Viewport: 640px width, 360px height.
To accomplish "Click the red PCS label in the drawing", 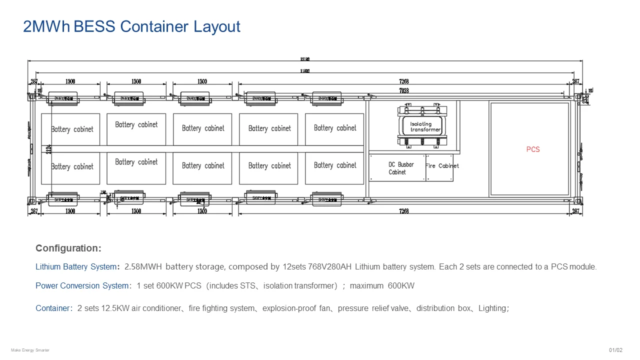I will click(533, 149).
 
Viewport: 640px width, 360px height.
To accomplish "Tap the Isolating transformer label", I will click(425, 127).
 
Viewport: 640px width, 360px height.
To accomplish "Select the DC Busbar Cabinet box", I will click(397, 168).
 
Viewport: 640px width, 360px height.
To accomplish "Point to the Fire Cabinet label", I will click(441, 166).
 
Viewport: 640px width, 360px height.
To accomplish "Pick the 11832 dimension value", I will click(305, 71).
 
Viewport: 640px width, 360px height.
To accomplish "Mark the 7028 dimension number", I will click(403, 90).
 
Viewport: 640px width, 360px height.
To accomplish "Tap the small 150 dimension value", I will click(103, 192).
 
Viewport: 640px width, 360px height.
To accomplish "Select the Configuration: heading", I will click(68, 248).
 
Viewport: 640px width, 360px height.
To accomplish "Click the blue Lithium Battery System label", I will click(76, 267).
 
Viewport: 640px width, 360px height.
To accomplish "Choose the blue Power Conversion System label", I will click(82, 286).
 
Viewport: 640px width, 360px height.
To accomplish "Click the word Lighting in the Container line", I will click(492, 308).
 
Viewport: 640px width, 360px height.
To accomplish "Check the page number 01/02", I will click(615, 350).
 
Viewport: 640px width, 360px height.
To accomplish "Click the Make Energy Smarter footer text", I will click(30, 350).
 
